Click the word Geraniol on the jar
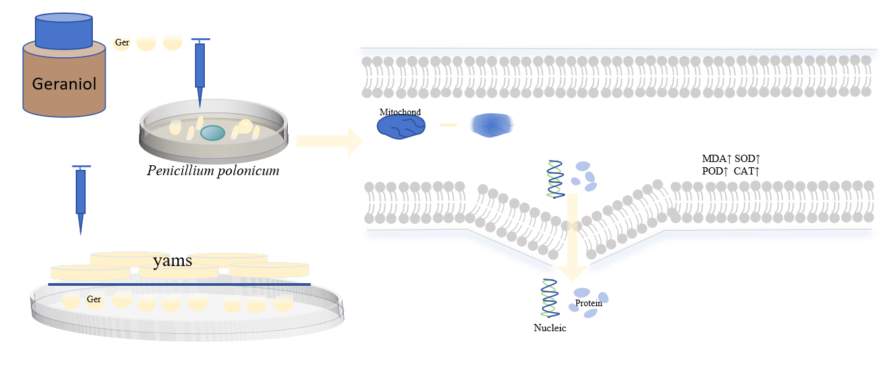[x=64, y=84]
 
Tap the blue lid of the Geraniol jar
[x=64, y=31]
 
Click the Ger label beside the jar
[x=122, y=42]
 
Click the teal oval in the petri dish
[x=213, y=133]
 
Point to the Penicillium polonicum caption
[x=213, y=171]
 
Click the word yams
[x=173, y=261]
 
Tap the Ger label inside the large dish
[x=94, y=300]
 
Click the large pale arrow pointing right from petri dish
[x=329, y=141]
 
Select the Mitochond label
[x=400, y=112]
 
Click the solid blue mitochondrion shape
[x=401, y=127]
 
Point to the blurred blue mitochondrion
[x=492, y=125]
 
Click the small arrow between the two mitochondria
[x=449, y=125]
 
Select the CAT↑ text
[x=746, y=171]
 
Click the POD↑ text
[x=715, y=171]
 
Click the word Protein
[x=588, y=303]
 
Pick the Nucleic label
[x=549, y=328]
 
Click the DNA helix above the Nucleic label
[x=549, y=298]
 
